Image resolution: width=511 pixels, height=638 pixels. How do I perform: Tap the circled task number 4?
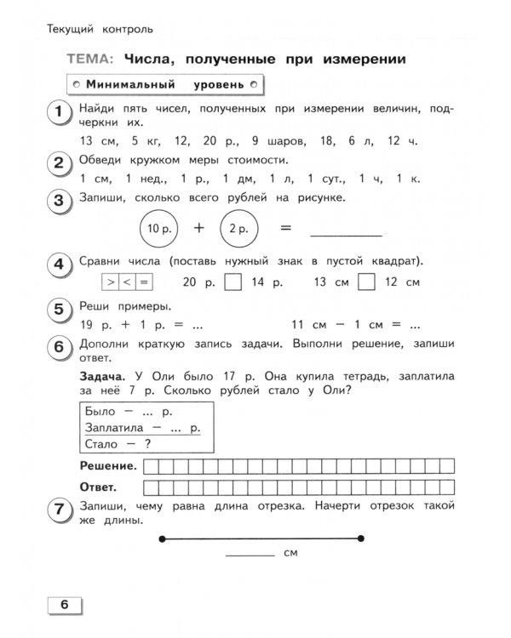[x=59, y=266]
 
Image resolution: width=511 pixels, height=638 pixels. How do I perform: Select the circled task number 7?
[x=59, y=511]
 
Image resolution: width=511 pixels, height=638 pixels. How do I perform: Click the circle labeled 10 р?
[x=158, y=228]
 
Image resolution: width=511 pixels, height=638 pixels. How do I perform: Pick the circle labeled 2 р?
[x=240, y=228]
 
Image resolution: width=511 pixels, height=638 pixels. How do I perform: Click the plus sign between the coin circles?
[x=199, y=228]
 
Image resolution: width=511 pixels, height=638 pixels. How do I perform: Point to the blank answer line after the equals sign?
[x=345, y=233]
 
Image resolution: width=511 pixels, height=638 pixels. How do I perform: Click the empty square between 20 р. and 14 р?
[x=231, y=282]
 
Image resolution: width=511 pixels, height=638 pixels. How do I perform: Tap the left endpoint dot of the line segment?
[x=161, y=538]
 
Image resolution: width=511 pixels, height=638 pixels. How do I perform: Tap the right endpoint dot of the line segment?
[x=361, y=538]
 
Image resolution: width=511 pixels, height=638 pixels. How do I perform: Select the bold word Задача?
[x=100, y=375]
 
